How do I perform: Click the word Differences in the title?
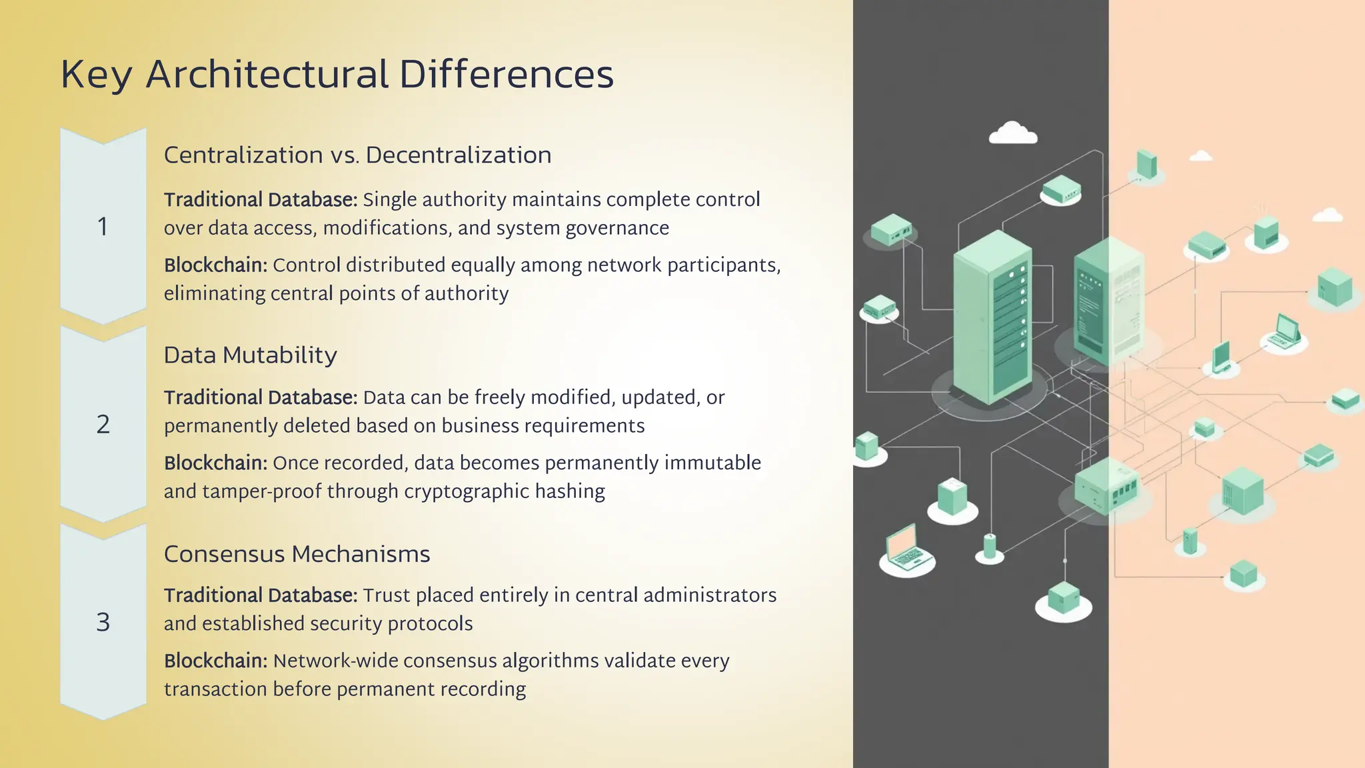(x=506, y=74)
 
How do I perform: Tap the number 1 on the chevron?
(x=103, y=227)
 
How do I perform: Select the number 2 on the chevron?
(x=103, y=425)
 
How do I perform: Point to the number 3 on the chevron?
(x=103, y=623)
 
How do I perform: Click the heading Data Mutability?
(x=250, y=355)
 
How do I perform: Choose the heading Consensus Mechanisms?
(x=297, y=554)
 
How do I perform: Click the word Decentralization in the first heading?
(x=459, y=155)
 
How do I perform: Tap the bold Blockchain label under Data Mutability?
(x=215, y=463)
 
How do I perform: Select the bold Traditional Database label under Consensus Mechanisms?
(x=261, y=595)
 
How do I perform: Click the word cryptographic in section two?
(x=467, y=491)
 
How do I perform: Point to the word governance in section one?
(x=617, y=228)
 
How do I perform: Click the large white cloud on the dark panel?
(x=1012, y=133)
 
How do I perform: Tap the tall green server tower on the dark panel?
(x=992, y=317)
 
